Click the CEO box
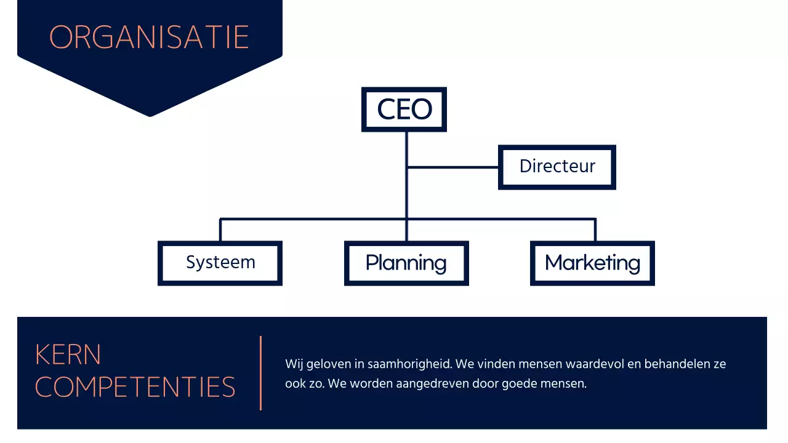404,110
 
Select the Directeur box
557,167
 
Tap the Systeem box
220,263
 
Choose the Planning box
406,263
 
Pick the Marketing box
592,263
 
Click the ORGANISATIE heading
149,38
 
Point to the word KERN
68,355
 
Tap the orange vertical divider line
261,373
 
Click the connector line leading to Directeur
452,167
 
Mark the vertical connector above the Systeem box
220,230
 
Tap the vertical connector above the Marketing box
595,230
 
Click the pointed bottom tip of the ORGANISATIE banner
150,114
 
